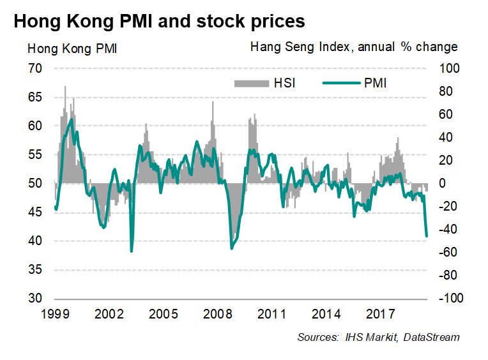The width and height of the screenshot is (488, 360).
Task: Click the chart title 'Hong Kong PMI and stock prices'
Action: click(159, 21)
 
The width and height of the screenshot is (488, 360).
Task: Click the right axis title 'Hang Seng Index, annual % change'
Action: click(354, 47)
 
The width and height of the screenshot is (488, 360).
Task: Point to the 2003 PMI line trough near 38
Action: click(132, 251)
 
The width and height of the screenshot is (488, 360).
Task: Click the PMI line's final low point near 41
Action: click(427, 236)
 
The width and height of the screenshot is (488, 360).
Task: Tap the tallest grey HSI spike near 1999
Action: click(65, 86)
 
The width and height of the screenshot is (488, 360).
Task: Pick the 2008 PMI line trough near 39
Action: click(231, 248)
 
